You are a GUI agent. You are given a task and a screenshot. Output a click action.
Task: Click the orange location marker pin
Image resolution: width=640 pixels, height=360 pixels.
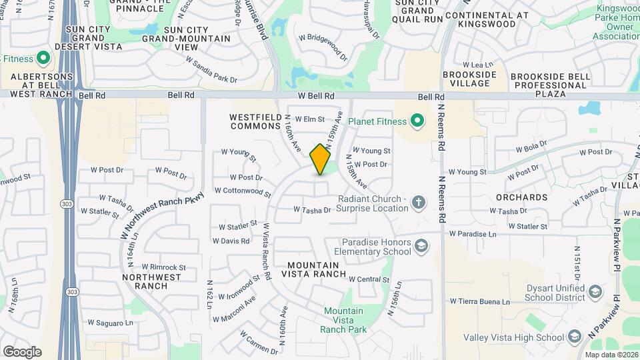coord(321,159)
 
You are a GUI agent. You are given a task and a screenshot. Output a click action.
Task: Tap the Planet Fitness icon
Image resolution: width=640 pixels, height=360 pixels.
coord(417,121)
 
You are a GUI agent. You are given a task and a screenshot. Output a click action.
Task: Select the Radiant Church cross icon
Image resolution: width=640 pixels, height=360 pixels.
coord(418,203)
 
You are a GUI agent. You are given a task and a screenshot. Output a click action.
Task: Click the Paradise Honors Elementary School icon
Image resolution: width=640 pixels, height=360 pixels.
coord(421,247)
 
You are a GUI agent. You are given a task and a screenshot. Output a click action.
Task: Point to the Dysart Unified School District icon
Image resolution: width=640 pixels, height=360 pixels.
coord(595,291)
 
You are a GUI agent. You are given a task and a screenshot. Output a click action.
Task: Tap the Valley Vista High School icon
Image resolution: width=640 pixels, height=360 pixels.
coord(573,338)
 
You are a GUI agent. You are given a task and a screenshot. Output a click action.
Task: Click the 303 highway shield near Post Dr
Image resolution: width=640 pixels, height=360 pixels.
coord(65,202)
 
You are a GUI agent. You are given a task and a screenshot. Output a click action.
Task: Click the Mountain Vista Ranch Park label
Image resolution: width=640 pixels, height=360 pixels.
coord(344,320)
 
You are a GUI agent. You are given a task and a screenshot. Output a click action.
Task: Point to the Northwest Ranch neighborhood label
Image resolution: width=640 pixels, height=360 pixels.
coord(151,281)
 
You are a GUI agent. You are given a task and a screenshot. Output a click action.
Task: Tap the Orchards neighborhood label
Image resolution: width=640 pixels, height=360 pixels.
coord(522,197)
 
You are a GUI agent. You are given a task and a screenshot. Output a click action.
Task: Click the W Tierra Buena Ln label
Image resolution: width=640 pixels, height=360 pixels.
coord(479,301)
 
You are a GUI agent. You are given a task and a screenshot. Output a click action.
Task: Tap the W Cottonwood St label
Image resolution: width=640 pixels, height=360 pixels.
coord(243,192)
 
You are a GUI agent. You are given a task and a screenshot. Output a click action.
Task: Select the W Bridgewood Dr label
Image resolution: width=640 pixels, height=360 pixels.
coord(323,47)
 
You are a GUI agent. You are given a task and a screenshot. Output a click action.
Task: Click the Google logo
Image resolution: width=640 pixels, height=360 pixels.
coord(22,351)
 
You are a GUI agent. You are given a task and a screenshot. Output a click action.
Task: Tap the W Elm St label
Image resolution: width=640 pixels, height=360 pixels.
coord(309,119)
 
